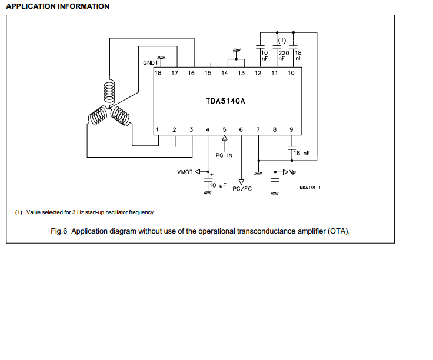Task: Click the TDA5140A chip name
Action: tap(225, 101)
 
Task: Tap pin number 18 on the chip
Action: tap(158, 73)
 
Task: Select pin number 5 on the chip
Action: tap(225, 129)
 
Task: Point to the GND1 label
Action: tap(150, 63)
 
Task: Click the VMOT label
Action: tap(185, 172)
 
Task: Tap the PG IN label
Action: tap(224, 155)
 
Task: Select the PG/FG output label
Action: tap(242, 189)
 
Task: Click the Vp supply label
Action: tap(292, 172)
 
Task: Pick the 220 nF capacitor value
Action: tap(284, 55)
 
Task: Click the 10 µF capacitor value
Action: tap(218, 185)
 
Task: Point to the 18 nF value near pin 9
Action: tap(302, 153)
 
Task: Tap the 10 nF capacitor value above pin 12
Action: tap(265, 55)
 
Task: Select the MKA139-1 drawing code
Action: tap(310, 188)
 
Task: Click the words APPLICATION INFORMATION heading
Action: tap(58, 6)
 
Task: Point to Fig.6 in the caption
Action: tap(59, 231)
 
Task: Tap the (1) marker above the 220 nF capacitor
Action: tap(282, 41)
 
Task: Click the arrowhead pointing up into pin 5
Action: tap(225, 138)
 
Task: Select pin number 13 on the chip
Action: tap(241, 73)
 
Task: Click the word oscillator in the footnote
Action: tap(116, 212)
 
